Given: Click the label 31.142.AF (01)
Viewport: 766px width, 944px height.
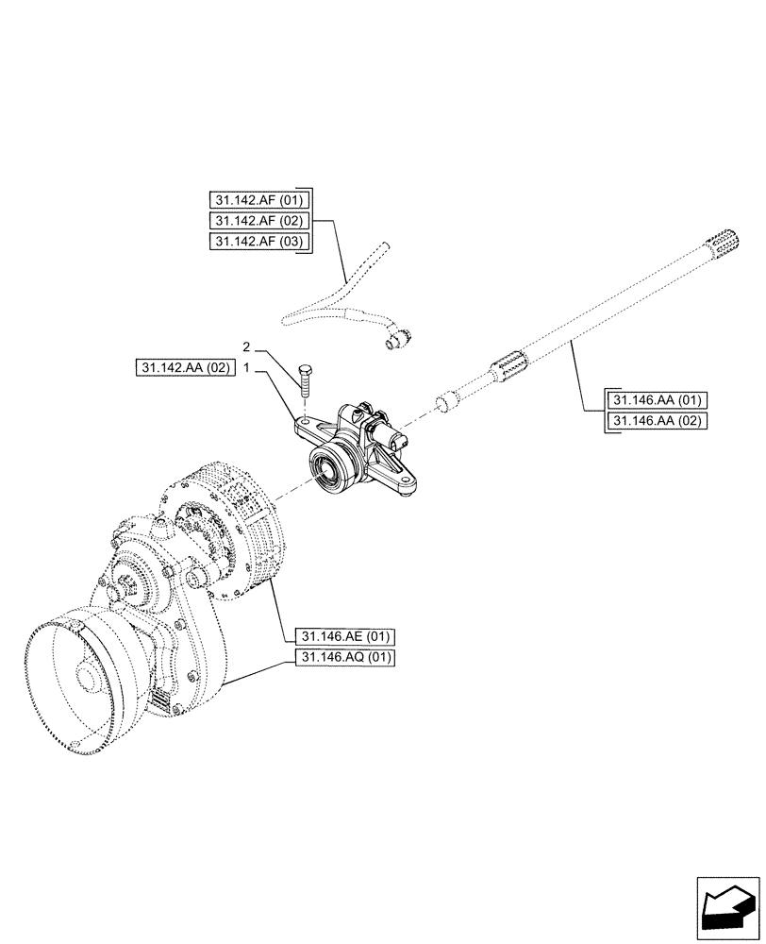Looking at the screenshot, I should point(258,199).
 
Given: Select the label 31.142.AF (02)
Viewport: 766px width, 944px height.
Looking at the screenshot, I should point(258,221).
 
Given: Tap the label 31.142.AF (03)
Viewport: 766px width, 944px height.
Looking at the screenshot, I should point(258,242).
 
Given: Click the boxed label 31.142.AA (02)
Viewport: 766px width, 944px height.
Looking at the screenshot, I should point(182,368).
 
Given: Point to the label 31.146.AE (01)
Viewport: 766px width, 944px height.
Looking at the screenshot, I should point(344,635).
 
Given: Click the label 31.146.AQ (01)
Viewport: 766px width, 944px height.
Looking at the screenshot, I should point(344,657).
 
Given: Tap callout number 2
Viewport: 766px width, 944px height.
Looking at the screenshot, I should point(246,346).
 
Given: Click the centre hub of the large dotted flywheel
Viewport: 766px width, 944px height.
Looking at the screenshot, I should point(84,678).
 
